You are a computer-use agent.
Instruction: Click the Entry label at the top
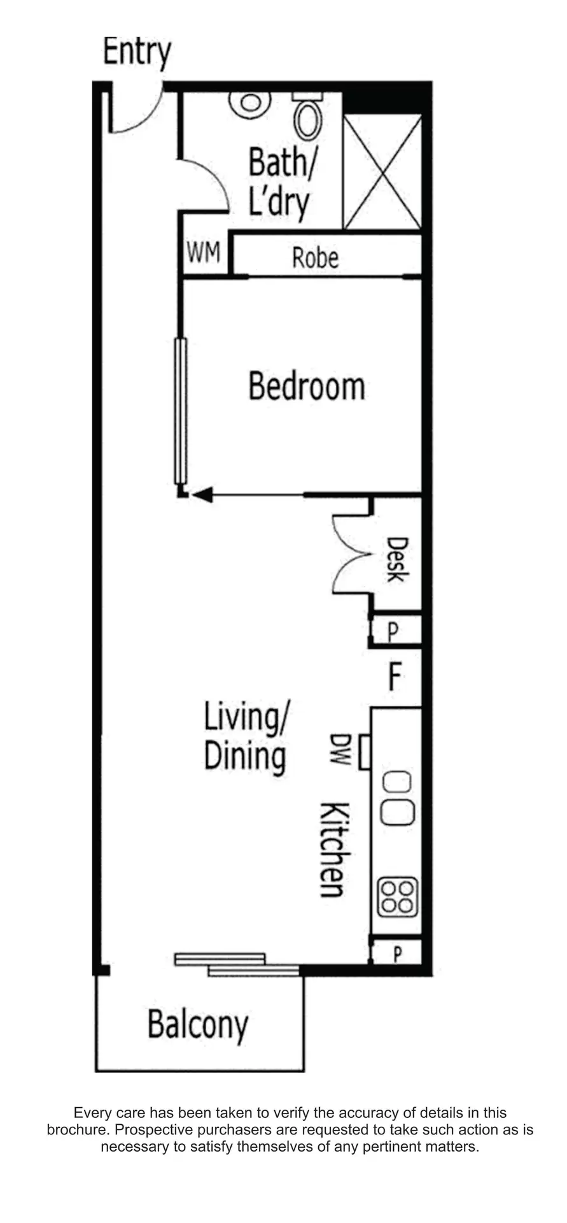coord(137,54)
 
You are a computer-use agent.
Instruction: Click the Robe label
coord(315,258)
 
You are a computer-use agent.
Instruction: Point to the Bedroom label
coord(307,387)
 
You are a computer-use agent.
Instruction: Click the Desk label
coord(396,560)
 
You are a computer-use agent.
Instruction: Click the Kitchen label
coord(333,849)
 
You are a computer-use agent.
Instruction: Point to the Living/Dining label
coord(246,738)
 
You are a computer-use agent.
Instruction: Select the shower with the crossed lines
coord(382,171)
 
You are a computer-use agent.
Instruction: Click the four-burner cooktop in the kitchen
coord(398,897)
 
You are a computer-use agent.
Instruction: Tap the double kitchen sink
coord(398,799)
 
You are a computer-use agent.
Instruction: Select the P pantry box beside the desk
coord(396,631)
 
